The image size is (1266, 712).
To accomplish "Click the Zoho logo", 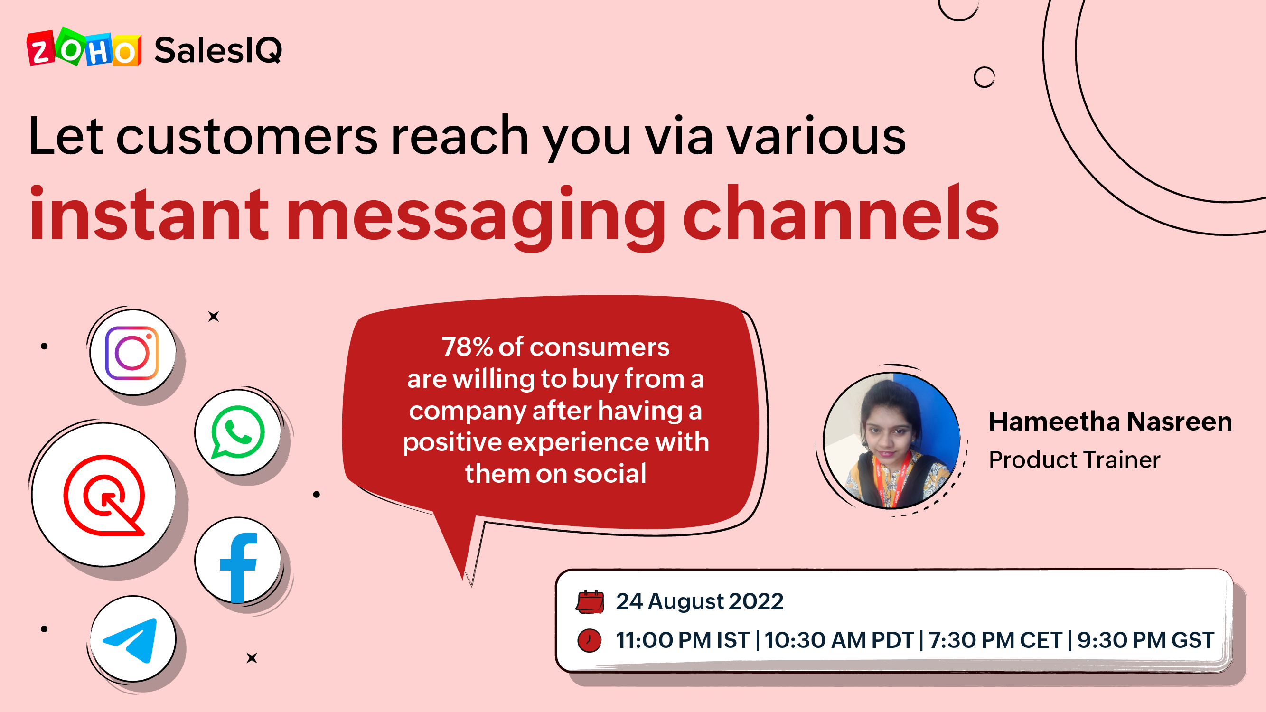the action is pos(84,47).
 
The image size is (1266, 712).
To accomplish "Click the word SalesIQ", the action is pos(218,50).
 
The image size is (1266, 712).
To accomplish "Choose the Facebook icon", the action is pos(238,568).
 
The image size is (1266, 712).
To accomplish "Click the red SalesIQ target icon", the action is pos(104,495).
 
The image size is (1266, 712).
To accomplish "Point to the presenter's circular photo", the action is pos(891,440).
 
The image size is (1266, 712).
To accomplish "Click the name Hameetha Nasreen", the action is pos(1110,422).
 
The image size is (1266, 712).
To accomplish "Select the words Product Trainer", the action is pos(1074,460).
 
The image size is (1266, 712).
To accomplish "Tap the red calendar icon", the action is pos(590,601).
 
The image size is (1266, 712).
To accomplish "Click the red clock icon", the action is pos(589,640).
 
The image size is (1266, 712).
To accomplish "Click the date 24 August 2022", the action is pos(700,601).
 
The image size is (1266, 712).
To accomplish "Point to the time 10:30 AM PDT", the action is pos(839,640).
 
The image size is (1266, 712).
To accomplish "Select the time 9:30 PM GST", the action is pos(1145,640).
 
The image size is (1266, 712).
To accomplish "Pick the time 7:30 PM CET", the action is pos(995,640).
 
